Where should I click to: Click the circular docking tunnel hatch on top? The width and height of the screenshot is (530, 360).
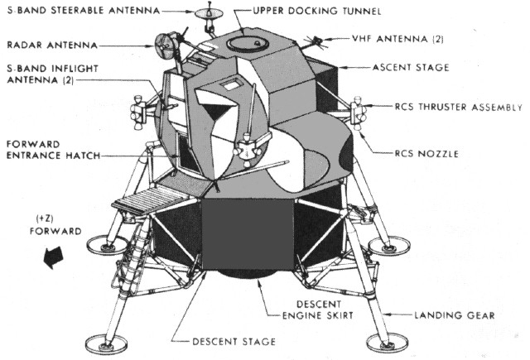(x=242, y=41)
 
